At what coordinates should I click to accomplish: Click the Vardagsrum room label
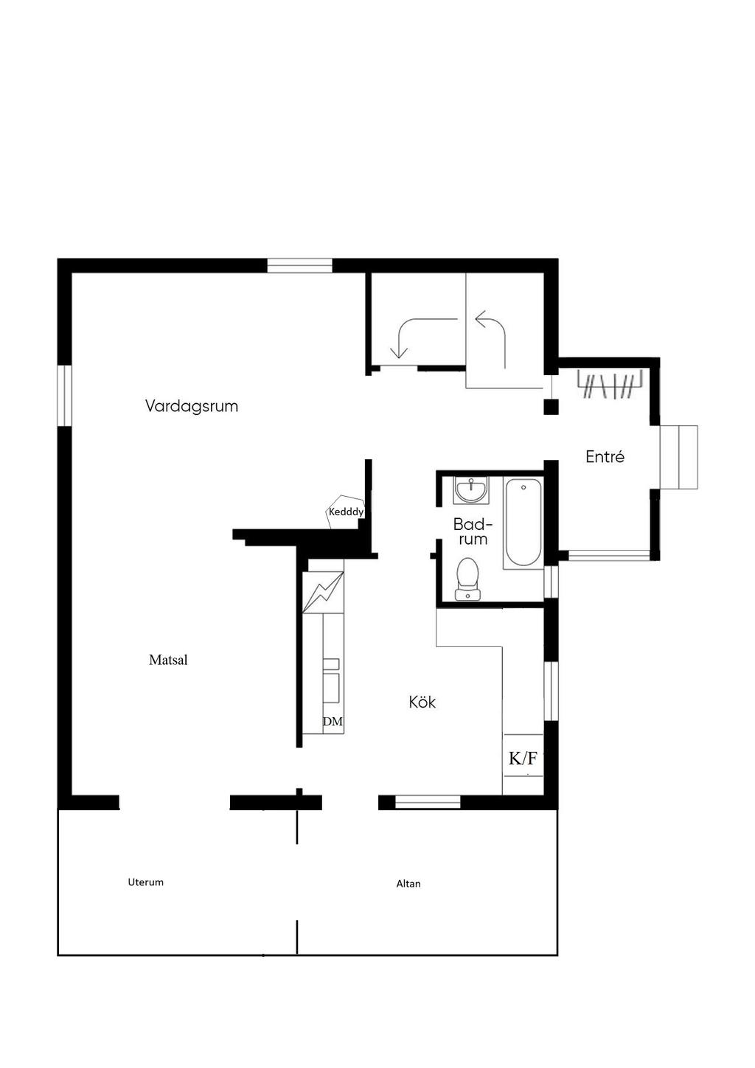191,406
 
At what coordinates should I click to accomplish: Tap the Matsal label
168,660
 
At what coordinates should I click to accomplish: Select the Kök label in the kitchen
422,702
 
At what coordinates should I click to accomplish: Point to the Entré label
605,457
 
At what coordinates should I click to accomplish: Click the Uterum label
145,882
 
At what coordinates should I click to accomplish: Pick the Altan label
408,884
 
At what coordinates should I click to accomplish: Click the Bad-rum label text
472,531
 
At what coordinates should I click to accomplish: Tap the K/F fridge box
523,758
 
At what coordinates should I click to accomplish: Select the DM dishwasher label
333,722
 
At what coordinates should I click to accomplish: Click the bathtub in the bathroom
523,523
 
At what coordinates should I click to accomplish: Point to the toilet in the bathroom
467,579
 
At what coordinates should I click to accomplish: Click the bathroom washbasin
470,489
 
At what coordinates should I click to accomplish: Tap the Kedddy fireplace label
347,512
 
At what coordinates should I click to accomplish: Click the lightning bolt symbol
323,592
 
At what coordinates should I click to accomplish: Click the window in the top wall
299,265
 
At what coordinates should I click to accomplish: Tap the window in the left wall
64,396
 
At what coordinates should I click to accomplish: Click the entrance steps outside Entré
678,457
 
